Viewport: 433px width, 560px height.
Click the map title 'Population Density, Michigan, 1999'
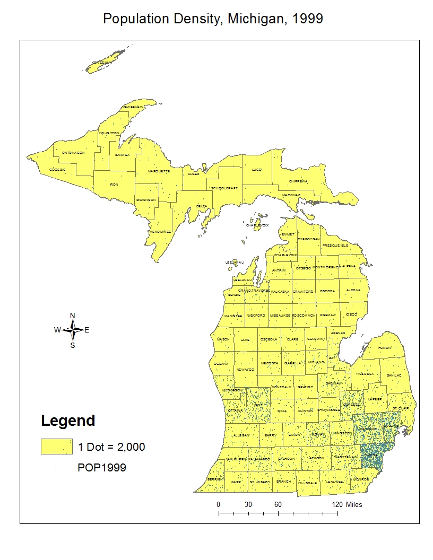coord(213,19)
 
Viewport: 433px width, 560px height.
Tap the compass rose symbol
coord(73,330)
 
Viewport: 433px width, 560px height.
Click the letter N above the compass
coord(73,316)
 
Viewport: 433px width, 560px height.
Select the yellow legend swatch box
coord(57,447)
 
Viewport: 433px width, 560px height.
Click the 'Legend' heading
coord(68,421)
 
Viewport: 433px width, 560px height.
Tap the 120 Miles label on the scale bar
coord(347,504)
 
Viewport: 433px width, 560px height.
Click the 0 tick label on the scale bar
coord(219,504)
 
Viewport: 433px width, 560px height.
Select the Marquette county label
coord(159,172)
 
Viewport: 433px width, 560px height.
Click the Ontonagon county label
coord(73,152)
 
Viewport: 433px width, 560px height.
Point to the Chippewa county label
coord(298,181)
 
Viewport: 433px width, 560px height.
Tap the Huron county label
coord(384,348)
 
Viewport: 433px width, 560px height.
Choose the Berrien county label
coord(215,479)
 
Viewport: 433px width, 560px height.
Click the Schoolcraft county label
coord(224,188)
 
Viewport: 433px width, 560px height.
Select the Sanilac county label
coord(394,375)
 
